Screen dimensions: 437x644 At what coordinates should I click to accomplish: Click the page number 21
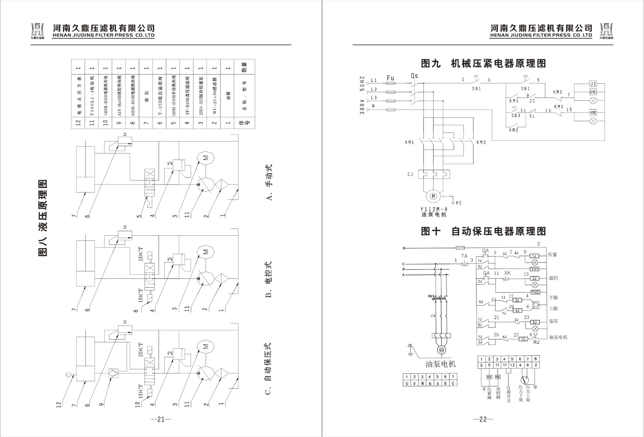(161, 419)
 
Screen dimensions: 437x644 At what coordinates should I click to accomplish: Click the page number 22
(483, 419)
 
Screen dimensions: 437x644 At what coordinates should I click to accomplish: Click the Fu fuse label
(390, 77)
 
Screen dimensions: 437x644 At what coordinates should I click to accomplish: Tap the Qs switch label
(415, 76)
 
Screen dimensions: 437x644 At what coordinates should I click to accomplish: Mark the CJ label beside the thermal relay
(411, 174)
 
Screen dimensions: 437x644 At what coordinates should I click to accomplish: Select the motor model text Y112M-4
(433, 209)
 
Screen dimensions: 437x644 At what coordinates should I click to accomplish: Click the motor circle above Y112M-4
(433, 196)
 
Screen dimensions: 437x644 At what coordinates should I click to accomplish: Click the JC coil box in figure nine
(593, 84)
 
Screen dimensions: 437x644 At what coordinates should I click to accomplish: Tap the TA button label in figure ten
(464, 256)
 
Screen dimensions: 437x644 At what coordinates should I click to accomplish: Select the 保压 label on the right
(553, 322)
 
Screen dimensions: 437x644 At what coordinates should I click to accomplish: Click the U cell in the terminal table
(407, 383)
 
